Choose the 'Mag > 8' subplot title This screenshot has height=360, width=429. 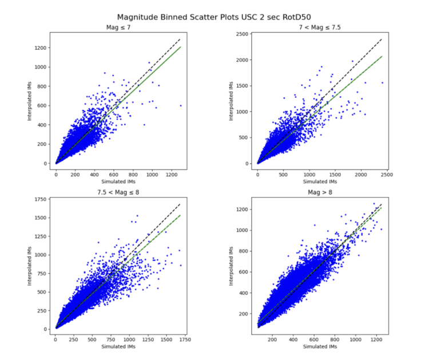click(x=320, y=192)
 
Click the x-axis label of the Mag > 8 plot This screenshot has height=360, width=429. click(x=320, y=346)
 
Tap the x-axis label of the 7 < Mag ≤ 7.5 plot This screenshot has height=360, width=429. click(x=320, y=180)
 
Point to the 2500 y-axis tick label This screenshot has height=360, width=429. click(x=243, y=34)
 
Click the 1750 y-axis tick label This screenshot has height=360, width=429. click(x=41, y=199)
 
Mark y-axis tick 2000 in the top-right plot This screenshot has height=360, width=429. click(x=243, y=60)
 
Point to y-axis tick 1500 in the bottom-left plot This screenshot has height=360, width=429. click(x=41, y=217)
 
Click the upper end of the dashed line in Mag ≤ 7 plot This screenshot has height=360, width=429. click(x=180, y=39)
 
